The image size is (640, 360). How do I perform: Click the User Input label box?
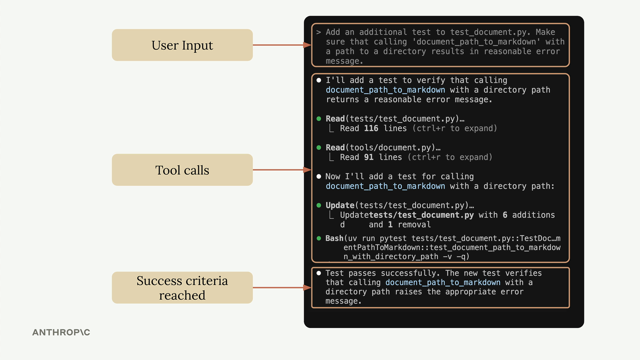tap(182, 45)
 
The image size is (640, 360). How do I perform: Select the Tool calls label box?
tap(182, 170)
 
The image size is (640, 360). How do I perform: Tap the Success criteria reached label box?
tap(182, 288)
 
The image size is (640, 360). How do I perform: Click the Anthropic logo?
tap(61, 332)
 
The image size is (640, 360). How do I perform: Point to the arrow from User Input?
tap(282, 45)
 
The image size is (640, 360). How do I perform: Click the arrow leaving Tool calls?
tap(282, 170)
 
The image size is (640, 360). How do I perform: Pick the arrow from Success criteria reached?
tap(282, 288)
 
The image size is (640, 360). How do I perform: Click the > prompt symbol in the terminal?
tap(319, 32)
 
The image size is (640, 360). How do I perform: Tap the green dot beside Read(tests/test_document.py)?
tap(319, 119)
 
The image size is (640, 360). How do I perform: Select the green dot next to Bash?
tap(319, 238)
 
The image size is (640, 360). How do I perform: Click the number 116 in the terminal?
tap(371, 128)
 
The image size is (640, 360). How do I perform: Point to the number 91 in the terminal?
tap(369, 157)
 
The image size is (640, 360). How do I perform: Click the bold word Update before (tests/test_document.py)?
tap(340, 205)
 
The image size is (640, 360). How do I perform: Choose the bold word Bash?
tap(334, 238)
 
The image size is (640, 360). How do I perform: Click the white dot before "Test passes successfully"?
tap(319, 273)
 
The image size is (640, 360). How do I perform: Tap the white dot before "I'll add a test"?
tap(319, 80)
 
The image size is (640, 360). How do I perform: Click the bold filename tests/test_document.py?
tap(421, 215)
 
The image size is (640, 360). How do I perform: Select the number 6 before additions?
tap(505, 215)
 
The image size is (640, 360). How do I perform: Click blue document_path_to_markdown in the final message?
tap(443, 283)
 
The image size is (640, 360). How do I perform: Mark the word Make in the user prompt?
tap(545, 32)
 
